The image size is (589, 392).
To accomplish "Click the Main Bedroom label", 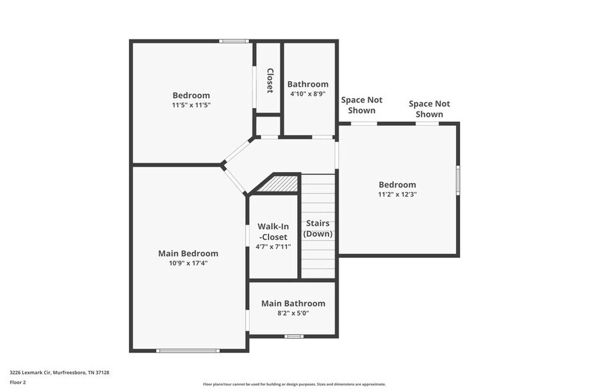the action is [x=188, y=253].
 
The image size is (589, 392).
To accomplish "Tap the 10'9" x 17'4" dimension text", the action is [x=188, y=263].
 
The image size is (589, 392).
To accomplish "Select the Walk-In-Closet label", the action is [x=273, y=232].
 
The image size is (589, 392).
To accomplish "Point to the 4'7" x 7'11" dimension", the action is [x=273, y=247].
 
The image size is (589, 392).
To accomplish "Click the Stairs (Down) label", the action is [x=318, y=229].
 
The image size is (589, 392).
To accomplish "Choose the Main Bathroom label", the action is [x=293, y=303].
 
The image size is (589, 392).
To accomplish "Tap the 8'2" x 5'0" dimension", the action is [x=293, y=313].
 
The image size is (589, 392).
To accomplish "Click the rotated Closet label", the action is [x=270, y=80].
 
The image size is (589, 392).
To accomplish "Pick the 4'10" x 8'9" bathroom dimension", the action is [x=308, y=94].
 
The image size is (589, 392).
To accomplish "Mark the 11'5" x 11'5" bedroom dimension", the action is [x=191, y=105].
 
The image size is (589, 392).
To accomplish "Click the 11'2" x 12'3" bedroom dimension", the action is [x=397, y=194].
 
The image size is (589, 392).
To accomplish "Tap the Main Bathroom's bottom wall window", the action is [x=294, y=337].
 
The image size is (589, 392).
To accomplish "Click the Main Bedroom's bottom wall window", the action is [x=188, y=351].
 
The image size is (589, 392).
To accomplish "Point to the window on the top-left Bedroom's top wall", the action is [x=234, y=41].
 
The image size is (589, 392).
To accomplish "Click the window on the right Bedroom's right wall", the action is [x=458, y=180].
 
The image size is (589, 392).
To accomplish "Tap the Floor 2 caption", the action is [x=17, y=383].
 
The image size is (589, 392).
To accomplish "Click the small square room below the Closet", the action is [x=268, y=126].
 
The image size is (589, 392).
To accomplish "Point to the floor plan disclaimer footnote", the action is [x=294, y=384].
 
